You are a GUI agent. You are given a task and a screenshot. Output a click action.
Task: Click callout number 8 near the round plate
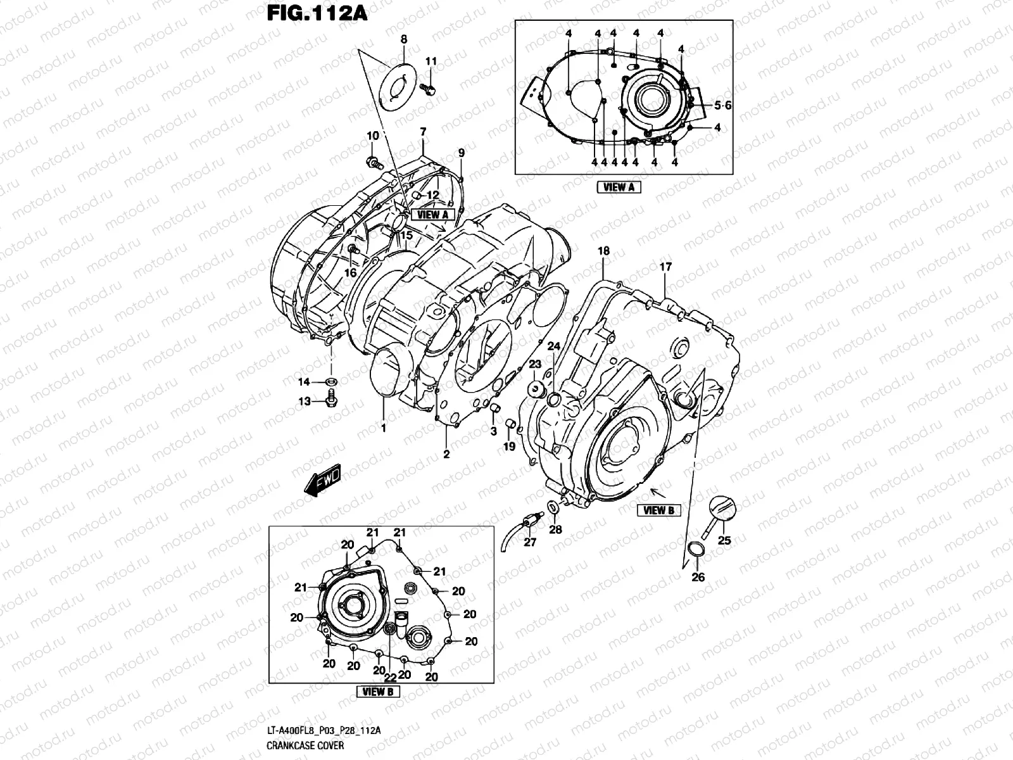click(404, 39)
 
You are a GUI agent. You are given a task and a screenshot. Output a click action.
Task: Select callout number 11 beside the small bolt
click(431, 61)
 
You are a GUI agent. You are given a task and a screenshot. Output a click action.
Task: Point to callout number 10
click(372, 136)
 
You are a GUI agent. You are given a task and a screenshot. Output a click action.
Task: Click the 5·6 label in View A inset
click(722, 106)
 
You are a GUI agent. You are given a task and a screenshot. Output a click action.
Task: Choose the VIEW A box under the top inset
click(619, 187)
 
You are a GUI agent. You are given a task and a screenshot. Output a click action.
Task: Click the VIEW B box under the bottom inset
click(377, 692)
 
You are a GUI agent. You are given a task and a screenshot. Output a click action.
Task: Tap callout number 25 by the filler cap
click(724, 540)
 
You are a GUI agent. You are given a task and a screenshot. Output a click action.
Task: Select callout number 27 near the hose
click(530, 543)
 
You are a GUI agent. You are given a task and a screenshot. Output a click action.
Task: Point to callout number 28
click(555, 529)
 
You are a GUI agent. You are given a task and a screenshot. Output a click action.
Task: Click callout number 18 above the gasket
click(603, 251)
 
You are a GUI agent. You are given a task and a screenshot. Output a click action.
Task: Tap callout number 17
click(665, 267)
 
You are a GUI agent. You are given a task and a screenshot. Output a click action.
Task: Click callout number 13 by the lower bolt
click(305, 402)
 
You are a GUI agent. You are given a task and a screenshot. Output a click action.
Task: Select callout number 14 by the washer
click(305, 382)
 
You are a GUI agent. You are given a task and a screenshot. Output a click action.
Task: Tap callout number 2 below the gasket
click(446, 454)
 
